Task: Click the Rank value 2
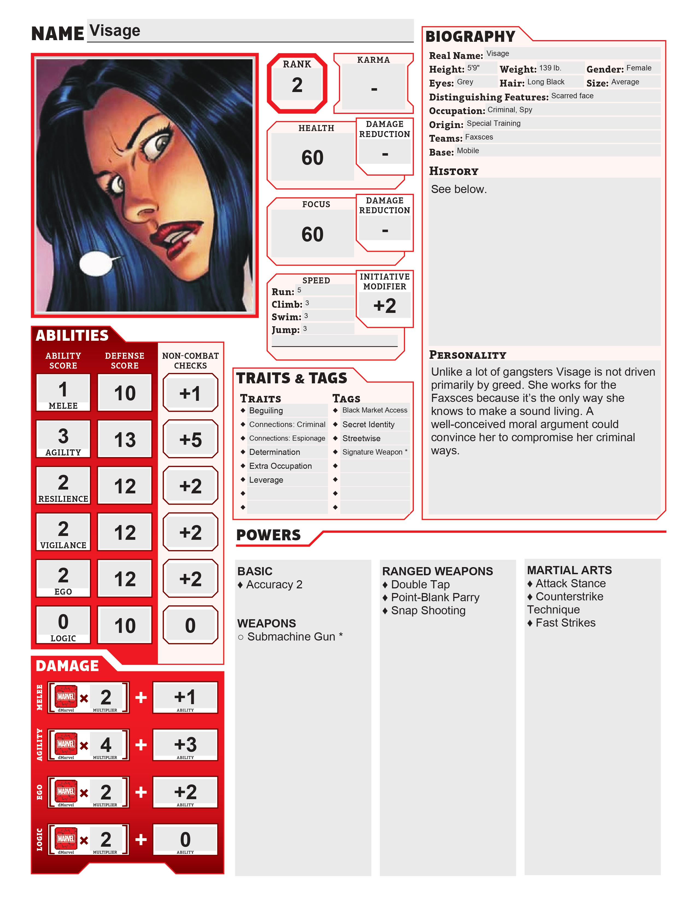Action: click(x=297, y=85)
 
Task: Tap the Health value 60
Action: click(x=312, y=158)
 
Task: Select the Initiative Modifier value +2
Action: click(x=384, y=306)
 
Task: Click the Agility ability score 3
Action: click(x=63, y=436)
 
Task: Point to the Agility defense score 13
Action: click(x=125, y=439)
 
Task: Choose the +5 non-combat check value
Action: click(x=190, y=439)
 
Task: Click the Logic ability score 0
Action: click(x=63, y=622)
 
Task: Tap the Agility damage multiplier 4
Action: click(x=106, y=745)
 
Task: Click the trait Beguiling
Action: click(x=266, y=410)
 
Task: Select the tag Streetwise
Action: click(x=361, y=438)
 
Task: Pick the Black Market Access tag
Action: click(x=374, y=410)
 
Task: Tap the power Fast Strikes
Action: click(x=565, y=623)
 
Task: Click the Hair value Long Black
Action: click(x=546, y=82)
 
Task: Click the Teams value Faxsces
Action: click(x=479, y=137)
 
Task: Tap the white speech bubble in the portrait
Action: click(x=95, y=263)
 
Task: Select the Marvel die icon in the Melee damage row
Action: click(x=66, y=697)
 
